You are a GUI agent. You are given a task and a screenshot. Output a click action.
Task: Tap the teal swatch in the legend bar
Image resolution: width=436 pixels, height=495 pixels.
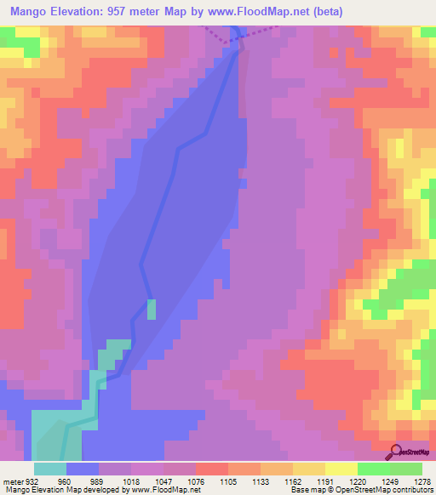click(x=49, y=469)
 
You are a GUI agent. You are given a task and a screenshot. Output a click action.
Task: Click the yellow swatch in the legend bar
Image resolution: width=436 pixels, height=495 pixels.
click(x=341, y=469)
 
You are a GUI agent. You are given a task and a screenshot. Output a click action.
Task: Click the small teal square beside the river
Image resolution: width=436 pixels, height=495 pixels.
click(x=152, y=309)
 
